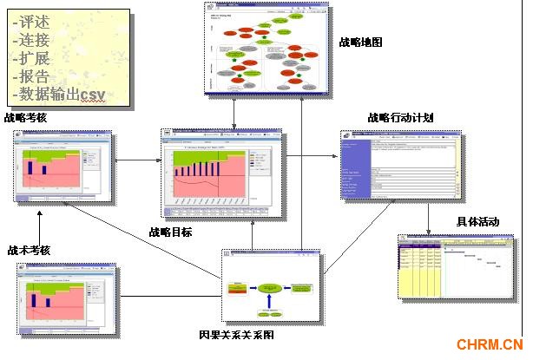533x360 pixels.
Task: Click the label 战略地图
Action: point(361,41)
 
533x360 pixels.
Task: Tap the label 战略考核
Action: point(25,117)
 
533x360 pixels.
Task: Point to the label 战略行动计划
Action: point(400,117)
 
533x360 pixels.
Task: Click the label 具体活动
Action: point(477,222)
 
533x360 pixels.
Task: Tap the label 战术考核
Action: point(29,250)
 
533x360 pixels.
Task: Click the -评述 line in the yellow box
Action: point(32,23)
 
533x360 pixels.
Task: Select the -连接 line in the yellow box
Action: point(32,42)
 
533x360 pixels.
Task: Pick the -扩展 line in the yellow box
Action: point(32,59)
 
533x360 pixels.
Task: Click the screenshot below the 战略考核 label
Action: point(63,167)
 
